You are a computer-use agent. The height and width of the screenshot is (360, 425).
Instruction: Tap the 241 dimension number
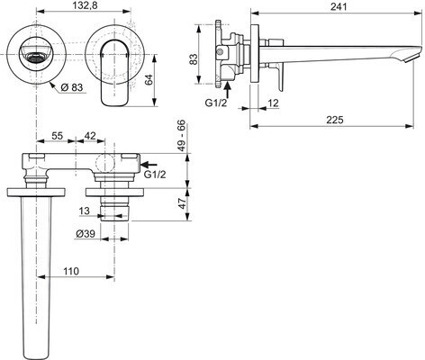[339, 6]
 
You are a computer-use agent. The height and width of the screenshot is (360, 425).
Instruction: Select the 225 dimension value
[335, 120]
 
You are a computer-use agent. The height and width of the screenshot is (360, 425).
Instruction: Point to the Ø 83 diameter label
[72, 87]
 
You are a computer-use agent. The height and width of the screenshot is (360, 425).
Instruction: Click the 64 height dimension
[149, 80]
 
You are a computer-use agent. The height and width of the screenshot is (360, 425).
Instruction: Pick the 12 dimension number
[273, 103]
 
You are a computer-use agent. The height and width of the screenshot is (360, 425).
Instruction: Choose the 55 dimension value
[58, 136]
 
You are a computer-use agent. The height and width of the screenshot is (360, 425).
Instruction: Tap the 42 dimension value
[90, 136]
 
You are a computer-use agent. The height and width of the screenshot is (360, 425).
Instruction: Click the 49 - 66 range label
[181, 136]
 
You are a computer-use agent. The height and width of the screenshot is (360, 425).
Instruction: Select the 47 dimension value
[182, 204]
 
